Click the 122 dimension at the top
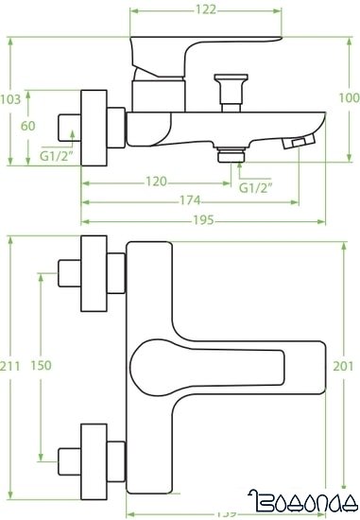point(207,10)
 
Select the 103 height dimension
point(11,98)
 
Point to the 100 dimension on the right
point(348,98)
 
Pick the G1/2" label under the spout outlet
point(254,188)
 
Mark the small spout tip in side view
point(300,143)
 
